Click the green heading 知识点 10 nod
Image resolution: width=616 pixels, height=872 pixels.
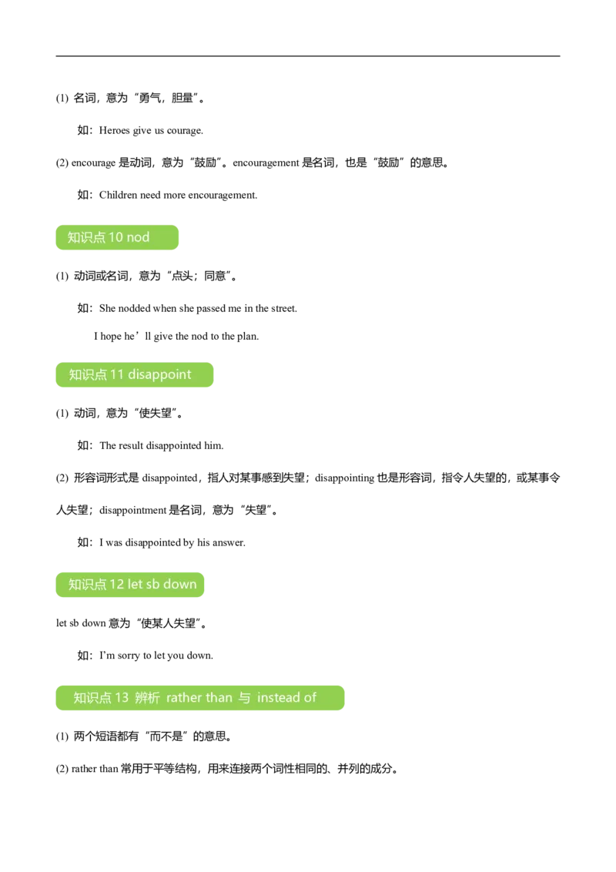point(117,237)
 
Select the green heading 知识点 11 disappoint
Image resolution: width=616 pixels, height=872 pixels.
point(135,375)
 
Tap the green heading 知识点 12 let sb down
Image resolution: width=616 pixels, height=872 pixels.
point(130,585)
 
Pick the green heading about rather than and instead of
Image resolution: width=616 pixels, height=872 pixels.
point(200,698)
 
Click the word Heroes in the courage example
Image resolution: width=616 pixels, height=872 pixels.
point(115,131)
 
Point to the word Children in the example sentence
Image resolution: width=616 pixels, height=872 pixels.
point(119,195)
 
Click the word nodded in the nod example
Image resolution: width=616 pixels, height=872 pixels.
point(134,309)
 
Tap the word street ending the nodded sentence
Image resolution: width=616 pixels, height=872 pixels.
point(284,309)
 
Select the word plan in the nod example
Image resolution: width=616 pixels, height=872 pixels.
point(248,337)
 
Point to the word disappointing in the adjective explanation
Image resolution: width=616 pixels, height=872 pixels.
point(345,478)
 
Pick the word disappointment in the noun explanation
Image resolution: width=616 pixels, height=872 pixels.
point(133,511)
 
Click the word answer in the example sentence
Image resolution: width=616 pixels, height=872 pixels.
point(229,543)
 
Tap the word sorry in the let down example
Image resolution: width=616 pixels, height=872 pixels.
point(129,656)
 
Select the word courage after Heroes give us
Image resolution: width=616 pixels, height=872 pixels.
point(185,131)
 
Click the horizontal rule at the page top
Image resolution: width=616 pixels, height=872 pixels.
point(308,56)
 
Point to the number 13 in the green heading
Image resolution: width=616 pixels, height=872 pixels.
point(122,698)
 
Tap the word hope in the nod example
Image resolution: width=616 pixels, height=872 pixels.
point(111,337)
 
